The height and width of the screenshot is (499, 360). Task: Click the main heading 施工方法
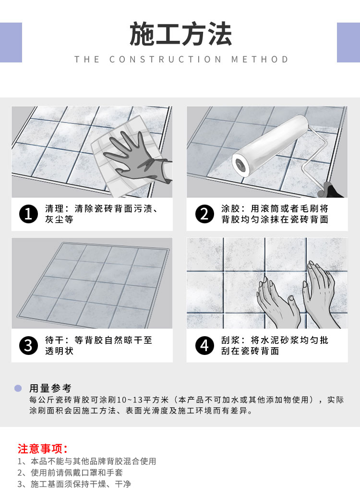(x=180, y=34)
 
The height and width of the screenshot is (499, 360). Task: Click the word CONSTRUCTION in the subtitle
(x=166, y=60)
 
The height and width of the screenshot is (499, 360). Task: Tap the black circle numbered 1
(x=28, y=214)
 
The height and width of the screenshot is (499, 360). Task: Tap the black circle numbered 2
(x=204, y=214)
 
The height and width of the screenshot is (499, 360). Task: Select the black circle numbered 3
(x=28, y=346)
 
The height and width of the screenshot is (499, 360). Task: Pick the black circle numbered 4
(x=204, y=346)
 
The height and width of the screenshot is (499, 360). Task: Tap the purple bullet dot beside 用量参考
(x=18, y=388)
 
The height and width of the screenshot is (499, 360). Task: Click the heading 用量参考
(x=50, y=388)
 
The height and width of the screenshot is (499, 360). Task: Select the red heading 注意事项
(x=43, y=449)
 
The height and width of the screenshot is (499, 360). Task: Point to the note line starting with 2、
(x=70, y=473)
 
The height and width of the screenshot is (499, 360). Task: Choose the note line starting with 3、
(x=74, y=484)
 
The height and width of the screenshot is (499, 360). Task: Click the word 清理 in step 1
(x=54, y=209)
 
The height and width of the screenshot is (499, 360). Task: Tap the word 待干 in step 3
(x=54, y=340)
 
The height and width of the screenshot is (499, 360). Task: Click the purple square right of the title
(x=348, y=42)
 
